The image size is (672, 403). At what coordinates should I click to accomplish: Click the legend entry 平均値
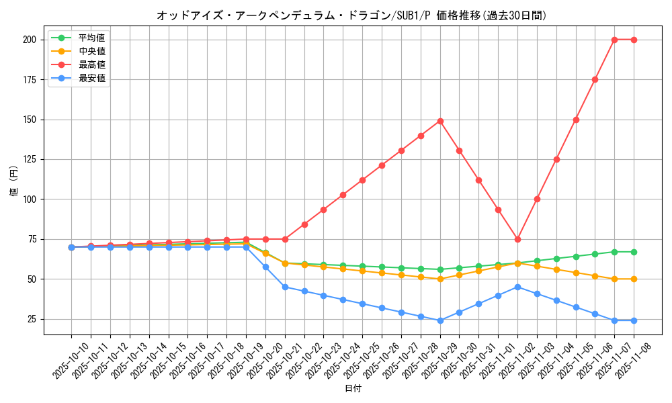pyautogui.click(x=92, y=38)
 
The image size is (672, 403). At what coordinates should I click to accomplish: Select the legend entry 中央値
pyautogui.click(x=92, y=51)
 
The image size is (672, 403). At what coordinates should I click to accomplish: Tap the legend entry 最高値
pyautogui.click(x=92, y=64)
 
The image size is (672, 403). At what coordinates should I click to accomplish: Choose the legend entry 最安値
pyautogui.click(x=92, y=78)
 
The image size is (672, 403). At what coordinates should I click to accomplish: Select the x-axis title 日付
pyautogui.click(x=353, y=389)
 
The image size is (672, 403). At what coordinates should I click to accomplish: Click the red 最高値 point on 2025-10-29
pyautogui.click(x=440, y=121)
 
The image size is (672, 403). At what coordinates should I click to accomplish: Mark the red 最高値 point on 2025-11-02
pyautogui.click(x=517, y=239)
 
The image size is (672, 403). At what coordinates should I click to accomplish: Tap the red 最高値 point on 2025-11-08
pyautogui.click(x=634, y=40)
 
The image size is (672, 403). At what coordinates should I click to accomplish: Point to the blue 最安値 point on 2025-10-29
pyautogui.click(x=440, y=320)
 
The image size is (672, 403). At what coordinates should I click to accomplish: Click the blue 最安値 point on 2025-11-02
pyautogui.click(x=517, y=287)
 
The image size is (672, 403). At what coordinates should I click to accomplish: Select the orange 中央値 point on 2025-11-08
pyautogui.click(x=634, y=279)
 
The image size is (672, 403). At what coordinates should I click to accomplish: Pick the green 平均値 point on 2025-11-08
pyautogui.click(x=634, y=252)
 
